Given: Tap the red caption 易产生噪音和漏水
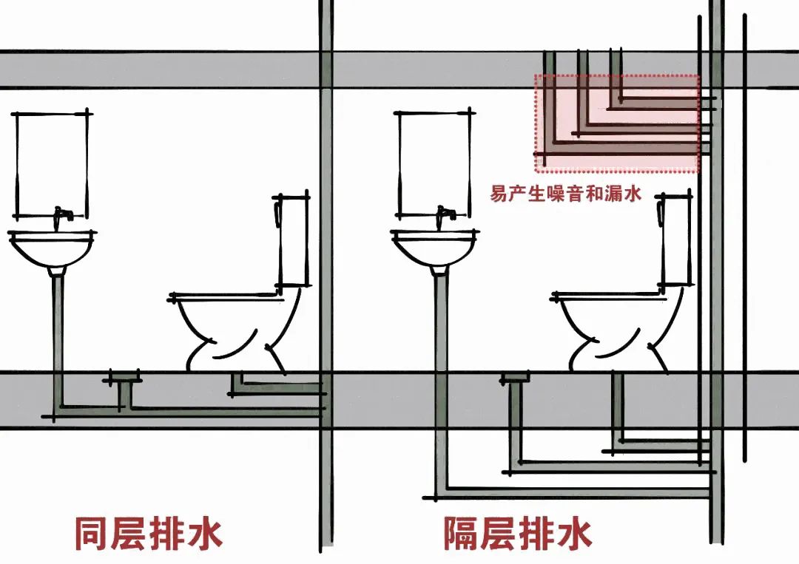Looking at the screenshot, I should click(x=565, y=194).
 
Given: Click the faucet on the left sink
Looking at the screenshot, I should click(x=64, y=215).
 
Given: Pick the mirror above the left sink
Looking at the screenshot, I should click(x=51, y=163).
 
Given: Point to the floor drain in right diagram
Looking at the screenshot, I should click(x=515, y=378).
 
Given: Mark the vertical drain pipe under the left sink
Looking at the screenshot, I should click(x=56, y=333).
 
